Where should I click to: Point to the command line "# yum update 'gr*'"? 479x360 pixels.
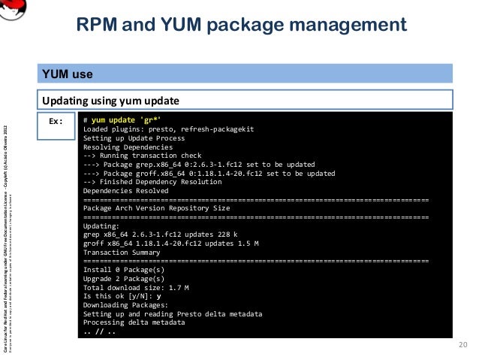[122, 120]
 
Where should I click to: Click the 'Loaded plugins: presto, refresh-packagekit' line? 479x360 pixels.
[168, 129]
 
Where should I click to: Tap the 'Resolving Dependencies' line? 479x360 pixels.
[128, 147]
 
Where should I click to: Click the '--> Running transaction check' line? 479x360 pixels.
[137, 156]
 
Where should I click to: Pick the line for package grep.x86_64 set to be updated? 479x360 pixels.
[199, 165]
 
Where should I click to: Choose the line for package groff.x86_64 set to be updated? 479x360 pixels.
[209, 173]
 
